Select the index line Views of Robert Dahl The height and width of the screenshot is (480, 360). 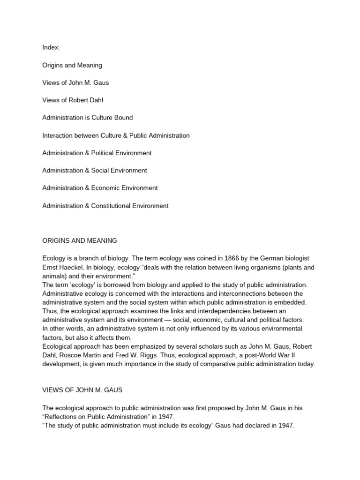(x=73, y=100)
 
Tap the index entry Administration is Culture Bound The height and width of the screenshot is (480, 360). (x=87, y=118)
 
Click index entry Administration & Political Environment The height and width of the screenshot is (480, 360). (x=97, y=153)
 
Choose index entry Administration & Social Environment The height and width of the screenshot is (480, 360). (x=95, y=171)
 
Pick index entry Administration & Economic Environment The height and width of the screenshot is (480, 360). (x=100, y=188)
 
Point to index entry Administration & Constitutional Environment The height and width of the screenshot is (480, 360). (x=105, y=206)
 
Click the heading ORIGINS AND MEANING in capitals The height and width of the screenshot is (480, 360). (x=80, y=241)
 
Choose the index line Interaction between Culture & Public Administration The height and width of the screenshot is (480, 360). (x=116, y=135)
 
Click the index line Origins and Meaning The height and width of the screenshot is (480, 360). (x=72, y=65)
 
